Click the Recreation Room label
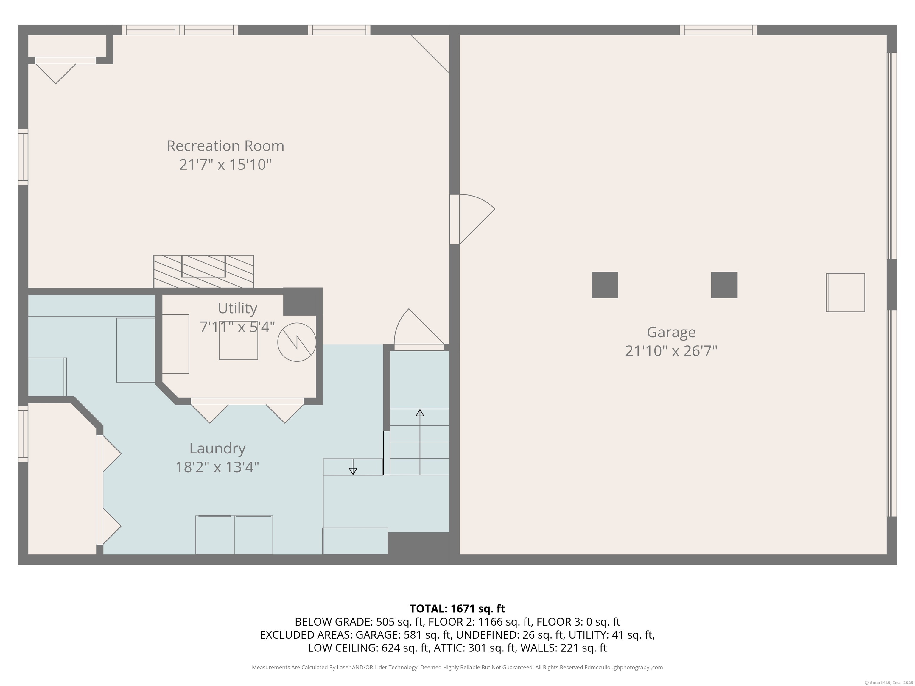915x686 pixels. coord(225,146)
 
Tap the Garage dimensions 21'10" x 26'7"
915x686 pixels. coord(671,351)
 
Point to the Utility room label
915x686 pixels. coord(237,308)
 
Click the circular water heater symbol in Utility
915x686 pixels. coord(297,342)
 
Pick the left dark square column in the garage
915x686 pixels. coord(605,285)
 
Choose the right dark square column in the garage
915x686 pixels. coord(724,285)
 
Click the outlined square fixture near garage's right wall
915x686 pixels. coord(845,292)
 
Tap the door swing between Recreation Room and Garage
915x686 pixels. coord(477,219)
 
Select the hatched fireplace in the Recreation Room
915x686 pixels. coord(203,271)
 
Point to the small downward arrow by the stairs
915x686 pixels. coord(353,467)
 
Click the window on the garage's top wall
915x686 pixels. coord(718,30)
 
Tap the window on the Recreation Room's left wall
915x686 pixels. coord(23,157)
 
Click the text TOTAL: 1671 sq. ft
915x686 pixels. coord(457,609)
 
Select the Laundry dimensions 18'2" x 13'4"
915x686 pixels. coord(218,467)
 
